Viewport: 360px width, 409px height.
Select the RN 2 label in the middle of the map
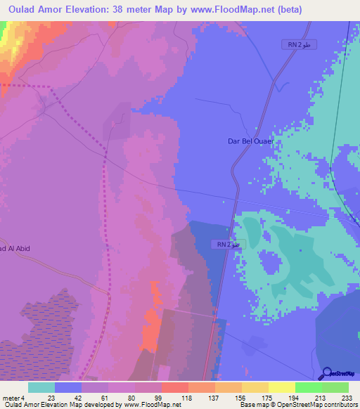pos(227,244)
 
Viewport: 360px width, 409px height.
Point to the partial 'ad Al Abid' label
pos(15,248)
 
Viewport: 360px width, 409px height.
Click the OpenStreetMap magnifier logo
pos(328,374)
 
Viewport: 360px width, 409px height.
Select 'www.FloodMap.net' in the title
pos(243,8)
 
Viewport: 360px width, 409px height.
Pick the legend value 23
pos(51,398)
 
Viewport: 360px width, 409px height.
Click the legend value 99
pos(158,398)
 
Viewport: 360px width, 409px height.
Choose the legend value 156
pos(238,398)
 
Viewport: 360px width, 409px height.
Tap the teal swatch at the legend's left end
pos(41,387)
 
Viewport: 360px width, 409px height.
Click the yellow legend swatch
pos(281,387)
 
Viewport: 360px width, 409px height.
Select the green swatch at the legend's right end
pos(335,387)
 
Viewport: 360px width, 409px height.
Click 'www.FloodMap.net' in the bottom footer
pos(147,405)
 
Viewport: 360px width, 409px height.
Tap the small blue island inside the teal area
pos(269,263)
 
